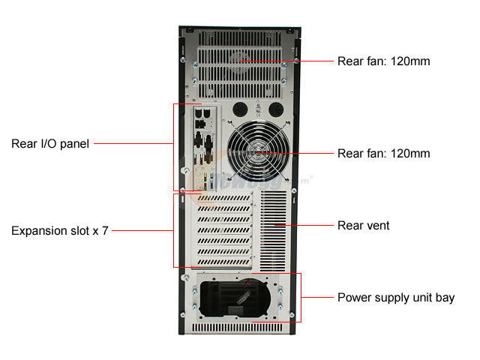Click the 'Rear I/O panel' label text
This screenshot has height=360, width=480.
(x=50, y=143)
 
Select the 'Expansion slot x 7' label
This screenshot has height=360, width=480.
(x=60, y=231)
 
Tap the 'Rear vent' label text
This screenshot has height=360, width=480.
(x=364, y=225)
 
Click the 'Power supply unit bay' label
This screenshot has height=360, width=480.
(x=396, y=298)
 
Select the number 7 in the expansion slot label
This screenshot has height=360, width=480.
(x=106, y=231)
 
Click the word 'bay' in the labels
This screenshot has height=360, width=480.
(x=444, y=298)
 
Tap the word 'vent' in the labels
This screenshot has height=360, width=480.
(x=377, y=225)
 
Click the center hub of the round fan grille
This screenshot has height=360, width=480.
(x=258, y=154)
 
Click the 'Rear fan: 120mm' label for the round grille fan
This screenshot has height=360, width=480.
(x=383, y=154)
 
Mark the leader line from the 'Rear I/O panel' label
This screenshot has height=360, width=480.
(x=135, y=143)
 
